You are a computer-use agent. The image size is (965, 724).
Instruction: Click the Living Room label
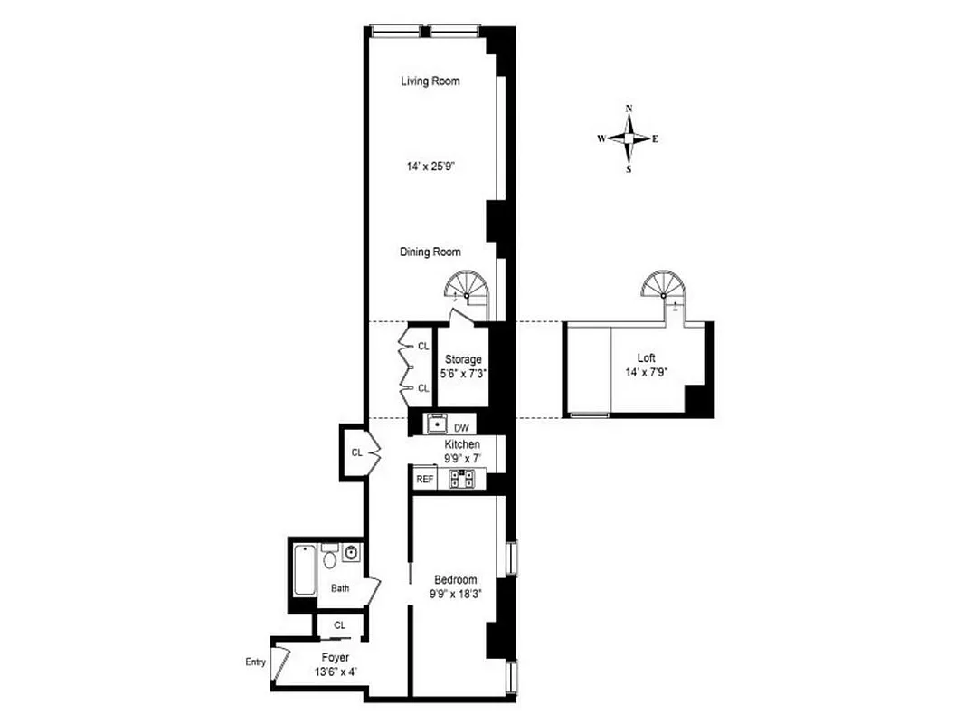tap(430, 81)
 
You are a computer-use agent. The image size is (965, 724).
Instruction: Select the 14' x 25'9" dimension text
tap(430, 167)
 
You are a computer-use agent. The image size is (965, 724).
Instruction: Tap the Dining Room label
tap(430, 252)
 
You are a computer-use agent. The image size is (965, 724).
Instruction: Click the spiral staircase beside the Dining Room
tap(467, 292)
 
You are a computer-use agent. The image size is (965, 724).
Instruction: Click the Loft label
tap(646, 358)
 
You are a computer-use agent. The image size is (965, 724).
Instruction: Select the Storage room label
tap(463, 359)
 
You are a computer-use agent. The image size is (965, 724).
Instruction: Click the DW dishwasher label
tap(461, 427)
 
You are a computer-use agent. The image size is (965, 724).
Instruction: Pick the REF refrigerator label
tap(424, 479)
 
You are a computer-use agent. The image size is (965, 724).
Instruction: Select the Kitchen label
tap(461, 445)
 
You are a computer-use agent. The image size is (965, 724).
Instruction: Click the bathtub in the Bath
tap(304, 569)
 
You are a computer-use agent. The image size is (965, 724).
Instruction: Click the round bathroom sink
tap(351, 552)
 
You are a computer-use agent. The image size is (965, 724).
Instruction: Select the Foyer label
tap(335, 657)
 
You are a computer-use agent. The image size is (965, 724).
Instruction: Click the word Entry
tap(256, 662)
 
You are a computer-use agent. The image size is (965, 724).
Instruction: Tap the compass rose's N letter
tap(629, 109)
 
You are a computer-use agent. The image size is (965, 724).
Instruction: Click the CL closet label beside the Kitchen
tap(356, 452)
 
